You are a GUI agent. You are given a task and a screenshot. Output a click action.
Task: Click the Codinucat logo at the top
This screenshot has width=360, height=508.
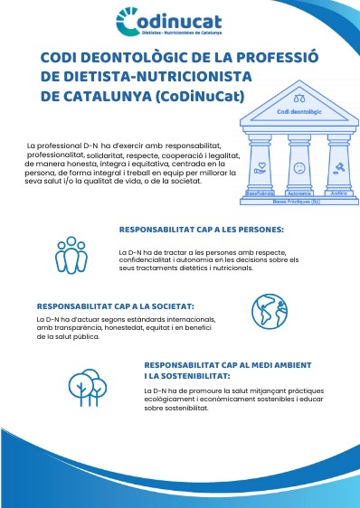pos(180,21)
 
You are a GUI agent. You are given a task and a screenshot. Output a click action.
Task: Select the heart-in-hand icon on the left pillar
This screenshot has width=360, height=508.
pos(260,167)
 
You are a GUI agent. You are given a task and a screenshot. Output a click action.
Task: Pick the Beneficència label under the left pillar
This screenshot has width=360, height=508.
pos(260,193)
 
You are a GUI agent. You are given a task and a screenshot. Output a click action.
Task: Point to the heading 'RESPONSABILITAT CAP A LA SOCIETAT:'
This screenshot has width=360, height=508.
pos(115,306)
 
